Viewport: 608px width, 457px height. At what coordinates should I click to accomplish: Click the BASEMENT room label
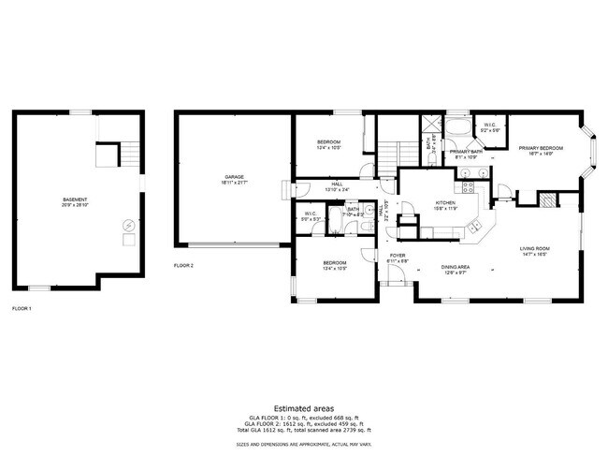(74, 199)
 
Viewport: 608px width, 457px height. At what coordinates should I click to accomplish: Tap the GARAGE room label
(234, 177)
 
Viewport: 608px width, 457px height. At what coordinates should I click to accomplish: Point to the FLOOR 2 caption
(183, 265)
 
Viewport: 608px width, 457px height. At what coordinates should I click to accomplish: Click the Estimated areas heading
(304, 407)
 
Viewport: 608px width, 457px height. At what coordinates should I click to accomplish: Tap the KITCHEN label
(445, 203)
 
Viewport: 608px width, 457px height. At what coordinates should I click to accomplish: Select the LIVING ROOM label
(535, 248)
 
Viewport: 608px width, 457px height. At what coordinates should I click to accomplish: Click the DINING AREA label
(456, 267)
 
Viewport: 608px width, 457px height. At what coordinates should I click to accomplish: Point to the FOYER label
(397, 255)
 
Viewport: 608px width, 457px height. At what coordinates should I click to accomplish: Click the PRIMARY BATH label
(465, 151)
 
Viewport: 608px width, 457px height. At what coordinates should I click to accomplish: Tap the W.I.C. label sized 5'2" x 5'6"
(490, 125)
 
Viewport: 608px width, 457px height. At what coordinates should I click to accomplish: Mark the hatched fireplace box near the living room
(545, 198)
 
